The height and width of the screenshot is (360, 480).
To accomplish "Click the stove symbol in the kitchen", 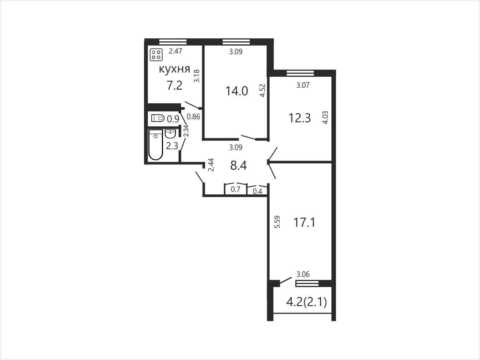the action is coord(156,55).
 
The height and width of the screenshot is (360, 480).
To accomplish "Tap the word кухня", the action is coord(174,69).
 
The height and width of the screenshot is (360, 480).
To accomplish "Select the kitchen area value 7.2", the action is coord(174,85).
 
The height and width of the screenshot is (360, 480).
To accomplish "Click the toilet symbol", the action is coord(158,118).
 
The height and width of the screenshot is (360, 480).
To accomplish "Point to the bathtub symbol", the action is coord(155,145).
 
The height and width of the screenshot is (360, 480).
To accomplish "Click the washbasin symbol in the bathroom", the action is coord(170,134).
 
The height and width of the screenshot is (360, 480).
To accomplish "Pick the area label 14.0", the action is coord(237,91).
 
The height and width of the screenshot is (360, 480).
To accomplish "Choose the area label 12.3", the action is coord(299,118).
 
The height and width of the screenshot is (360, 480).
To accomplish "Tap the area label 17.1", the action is coord(304,223).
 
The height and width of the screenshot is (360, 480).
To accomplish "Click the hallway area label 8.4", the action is coord(238,165).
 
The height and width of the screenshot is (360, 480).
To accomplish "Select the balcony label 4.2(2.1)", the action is coord(306,302).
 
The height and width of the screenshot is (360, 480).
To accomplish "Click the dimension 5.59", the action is coord(277,222).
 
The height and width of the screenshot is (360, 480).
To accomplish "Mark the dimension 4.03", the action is coord(325,118).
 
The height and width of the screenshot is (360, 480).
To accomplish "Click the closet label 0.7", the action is coord(236,189).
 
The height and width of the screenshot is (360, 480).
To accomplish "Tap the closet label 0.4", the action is coord(257,191).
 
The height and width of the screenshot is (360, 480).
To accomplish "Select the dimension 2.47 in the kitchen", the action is coord(175,51).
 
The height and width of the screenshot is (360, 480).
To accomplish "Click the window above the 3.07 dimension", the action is coord(300,73).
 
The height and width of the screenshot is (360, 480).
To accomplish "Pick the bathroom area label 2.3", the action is coord(172,146).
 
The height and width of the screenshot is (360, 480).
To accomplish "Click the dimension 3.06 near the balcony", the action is coord(303,274).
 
